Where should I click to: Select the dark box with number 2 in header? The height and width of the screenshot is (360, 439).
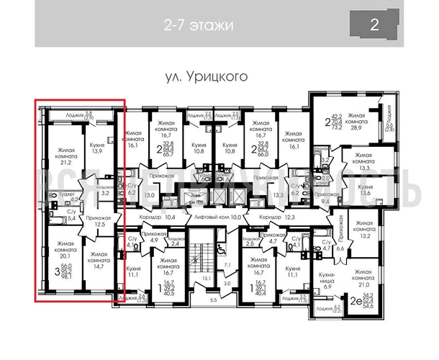[x=374, y=25]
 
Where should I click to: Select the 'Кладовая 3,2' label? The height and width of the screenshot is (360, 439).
[x=104, y=190]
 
